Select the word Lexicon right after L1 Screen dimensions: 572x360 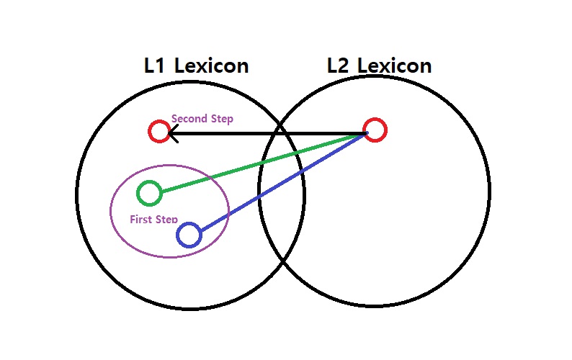(x=211, y=66)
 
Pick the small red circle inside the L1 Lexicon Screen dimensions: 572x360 (x=159, y=131)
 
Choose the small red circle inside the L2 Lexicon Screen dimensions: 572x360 (x=375, y=130)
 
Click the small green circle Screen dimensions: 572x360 (x=149, y=193)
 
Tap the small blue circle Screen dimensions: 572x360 (x=189, y=235)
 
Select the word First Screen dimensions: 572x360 (x=142, y=219)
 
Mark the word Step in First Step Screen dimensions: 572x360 (x=167, y=219)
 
